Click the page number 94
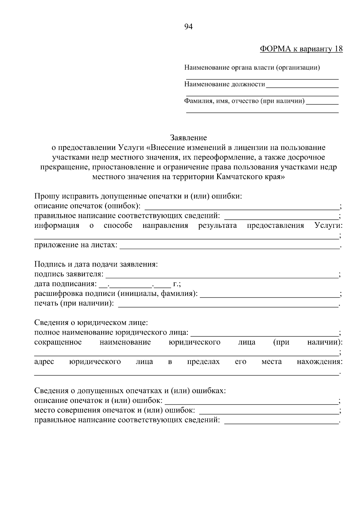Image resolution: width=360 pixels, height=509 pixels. click(188, 27)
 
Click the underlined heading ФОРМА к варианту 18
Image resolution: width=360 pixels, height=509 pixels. click(301, 49)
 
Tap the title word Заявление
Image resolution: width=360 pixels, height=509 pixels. click(188, 138)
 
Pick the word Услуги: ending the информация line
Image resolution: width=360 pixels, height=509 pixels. click(328, 225)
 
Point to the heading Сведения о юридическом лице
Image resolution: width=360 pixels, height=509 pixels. click(91, 323)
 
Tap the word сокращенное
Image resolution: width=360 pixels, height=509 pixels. click(58, 342)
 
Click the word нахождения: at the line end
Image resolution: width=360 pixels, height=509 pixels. click(319, 362)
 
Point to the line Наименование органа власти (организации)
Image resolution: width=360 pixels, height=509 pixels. click(252, 68)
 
